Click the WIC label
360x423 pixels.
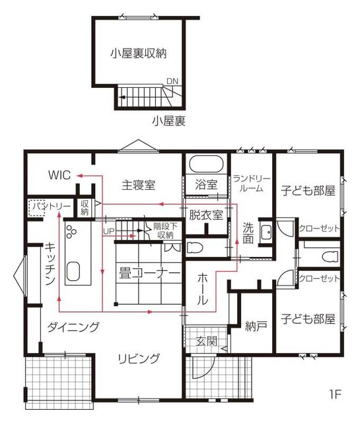coord(59,174)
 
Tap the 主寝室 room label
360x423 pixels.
coord(138,185)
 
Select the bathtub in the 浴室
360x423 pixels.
coord(206,165)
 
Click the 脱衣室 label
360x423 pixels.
coord(206,215)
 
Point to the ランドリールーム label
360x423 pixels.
coord(251,184)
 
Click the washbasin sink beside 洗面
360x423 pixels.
coord(266,232)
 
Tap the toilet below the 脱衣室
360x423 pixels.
coord(194,247)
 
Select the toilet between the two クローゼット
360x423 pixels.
coord(330,256)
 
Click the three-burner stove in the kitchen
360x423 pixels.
coord(71,232)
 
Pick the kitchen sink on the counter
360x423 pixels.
coord(73,272)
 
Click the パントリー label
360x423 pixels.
coord(52,207)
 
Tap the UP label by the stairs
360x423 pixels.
coord(109,231)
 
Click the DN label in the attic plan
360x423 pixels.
coord(172,81)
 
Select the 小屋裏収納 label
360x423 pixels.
coord(139,54)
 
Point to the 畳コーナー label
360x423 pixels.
coord(149,273)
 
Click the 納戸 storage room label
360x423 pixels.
coord(256,326)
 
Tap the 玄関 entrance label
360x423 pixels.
coord(206,342)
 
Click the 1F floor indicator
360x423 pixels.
coord(335,395)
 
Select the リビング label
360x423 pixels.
coord(139,359)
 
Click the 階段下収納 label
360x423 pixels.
coord(165,231)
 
